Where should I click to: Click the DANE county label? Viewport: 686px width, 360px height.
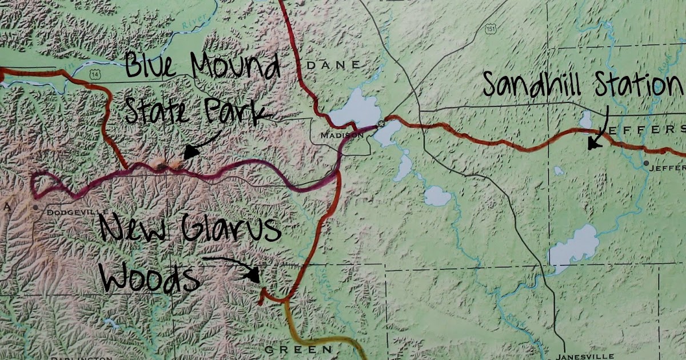(x=334, y=65)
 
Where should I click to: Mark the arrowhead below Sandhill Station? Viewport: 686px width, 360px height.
(x=594, y=143)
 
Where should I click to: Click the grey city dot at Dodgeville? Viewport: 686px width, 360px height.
(x=36, y=207)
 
